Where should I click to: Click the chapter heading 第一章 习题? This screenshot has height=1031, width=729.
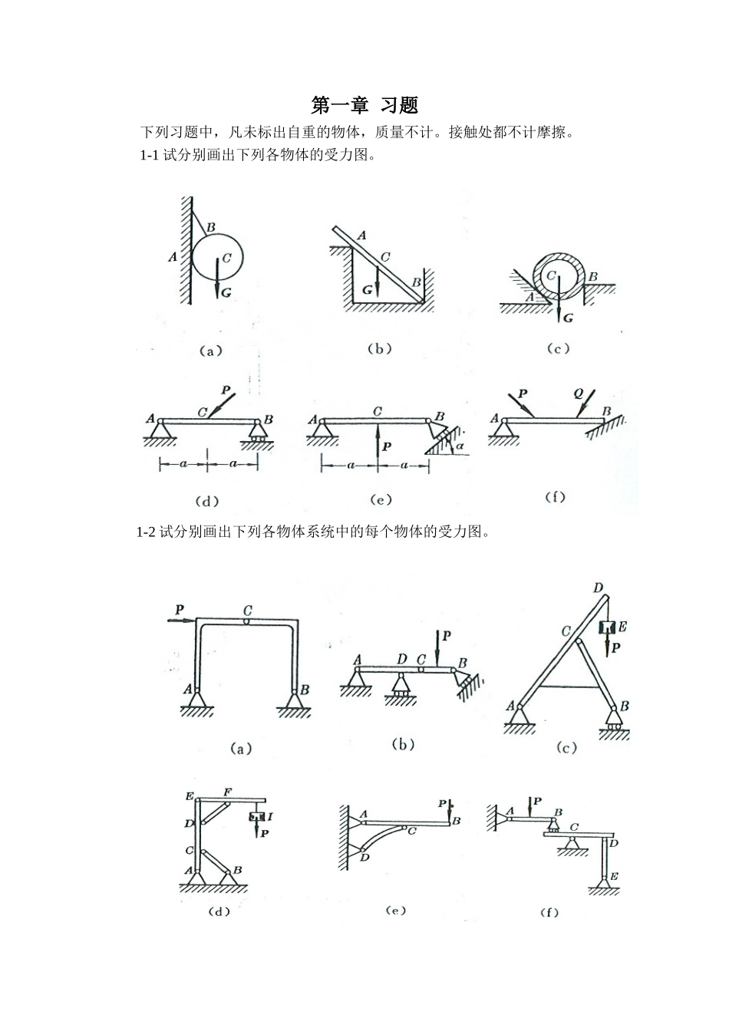[364, 104]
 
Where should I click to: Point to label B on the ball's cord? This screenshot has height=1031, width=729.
[210, 226]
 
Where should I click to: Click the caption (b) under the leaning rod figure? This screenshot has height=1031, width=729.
[379, 349]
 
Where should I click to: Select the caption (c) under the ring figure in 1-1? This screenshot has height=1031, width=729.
[558, 349]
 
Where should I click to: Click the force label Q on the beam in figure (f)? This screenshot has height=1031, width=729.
[579, 394]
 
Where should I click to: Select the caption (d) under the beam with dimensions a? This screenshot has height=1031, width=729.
[207, 502]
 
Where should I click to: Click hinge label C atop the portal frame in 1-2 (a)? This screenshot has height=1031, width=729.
[248, 611]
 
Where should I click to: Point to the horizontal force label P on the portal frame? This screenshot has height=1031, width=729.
[179, 609]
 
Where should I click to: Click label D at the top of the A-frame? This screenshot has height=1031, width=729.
[598, 588]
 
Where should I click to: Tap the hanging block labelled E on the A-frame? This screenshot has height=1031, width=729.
[606, 627]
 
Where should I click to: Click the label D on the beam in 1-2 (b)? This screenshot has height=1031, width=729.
[402, 658]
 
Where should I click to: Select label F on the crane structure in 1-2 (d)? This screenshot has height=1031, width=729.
[227, 791]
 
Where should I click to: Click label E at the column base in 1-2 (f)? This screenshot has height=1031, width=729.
[614, 875]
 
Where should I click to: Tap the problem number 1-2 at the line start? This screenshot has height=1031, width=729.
[147, 532]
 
